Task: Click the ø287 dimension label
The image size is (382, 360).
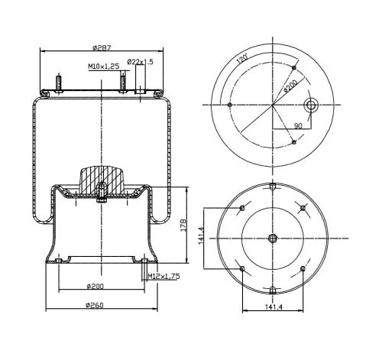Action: click(x=102, y=47)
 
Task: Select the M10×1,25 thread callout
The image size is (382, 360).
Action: click(x=104, y=66)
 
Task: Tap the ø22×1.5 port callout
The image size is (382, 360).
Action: click(x=141, y=62)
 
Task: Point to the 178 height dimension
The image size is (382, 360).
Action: click(x=183, y=225)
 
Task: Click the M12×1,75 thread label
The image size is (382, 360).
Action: click(x=164, y=276)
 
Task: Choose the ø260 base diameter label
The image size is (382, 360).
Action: click(x=95, y=305)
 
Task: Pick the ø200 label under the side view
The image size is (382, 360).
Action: click(x=95, y=287)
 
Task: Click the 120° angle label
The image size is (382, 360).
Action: click(x=242, y=58)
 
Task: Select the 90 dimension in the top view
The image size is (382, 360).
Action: click(x=298, y=125)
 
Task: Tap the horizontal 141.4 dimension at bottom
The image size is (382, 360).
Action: click(x=274, y=307)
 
